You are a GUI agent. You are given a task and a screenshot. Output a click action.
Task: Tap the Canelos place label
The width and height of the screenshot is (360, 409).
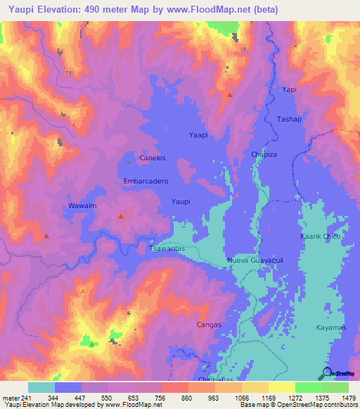pos(153,158)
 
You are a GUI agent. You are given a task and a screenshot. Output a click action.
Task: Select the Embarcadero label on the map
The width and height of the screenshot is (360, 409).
pos(146,181)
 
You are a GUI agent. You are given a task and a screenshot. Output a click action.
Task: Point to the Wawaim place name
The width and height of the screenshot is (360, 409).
pos(82,205)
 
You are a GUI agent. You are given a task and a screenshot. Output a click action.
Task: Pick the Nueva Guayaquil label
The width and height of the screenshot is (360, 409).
pos(255,260)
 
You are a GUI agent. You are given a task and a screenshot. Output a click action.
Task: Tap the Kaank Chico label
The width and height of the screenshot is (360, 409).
pos(321,236)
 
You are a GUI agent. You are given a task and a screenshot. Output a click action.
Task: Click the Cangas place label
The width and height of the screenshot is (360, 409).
pos(209,325)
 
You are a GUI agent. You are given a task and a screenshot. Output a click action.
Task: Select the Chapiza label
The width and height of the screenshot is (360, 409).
pos(264,154)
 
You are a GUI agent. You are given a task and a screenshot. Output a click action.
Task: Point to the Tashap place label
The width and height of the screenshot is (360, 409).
pos(289,119)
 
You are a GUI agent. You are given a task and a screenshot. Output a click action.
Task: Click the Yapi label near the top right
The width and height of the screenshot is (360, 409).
pos(289,90)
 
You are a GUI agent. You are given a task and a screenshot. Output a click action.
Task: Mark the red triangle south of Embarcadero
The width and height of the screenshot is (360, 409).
pos(121,216)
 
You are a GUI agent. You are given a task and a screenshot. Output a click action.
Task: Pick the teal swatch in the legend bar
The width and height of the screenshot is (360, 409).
pos(41,387)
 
